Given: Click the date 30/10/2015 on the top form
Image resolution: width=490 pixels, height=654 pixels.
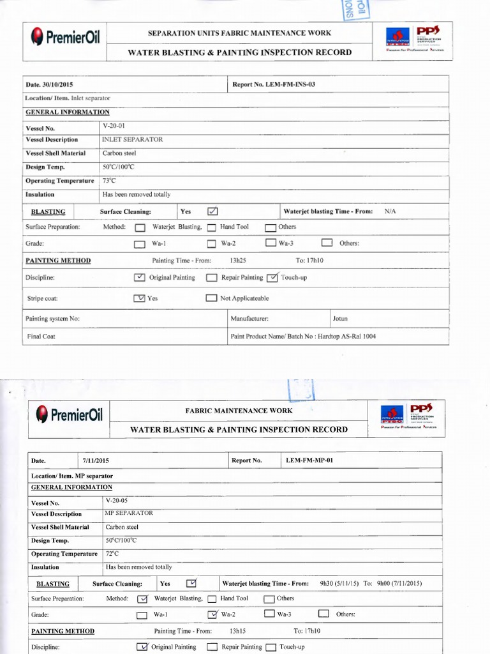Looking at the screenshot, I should [59, 84].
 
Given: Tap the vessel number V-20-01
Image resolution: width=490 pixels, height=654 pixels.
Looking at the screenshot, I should [113, 126].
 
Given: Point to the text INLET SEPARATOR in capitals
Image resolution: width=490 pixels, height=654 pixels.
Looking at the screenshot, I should [132, 139].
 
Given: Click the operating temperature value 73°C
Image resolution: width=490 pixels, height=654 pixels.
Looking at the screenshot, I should [109, 181].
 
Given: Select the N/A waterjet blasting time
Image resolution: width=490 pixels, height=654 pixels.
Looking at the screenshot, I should [390, 211].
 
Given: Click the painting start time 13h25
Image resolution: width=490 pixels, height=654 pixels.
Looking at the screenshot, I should [238, 261].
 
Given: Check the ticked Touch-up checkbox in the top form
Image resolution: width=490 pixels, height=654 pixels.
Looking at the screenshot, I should [272, 278].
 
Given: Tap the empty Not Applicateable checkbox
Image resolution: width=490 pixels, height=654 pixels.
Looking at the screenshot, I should [211, 298].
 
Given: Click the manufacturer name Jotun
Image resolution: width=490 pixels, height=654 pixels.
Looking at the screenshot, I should [340, 318].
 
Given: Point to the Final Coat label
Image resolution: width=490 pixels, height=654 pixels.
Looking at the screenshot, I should [41, 336].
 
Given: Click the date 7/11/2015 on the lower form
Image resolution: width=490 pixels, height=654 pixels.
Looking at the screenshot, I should [96, 460].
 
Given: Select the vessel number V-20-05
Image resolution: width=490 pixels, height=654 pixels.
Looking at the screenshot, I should [117, 501].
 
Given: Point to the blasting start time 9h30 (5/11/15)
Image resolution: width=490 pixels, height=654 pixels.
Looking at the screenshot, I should [339, 583].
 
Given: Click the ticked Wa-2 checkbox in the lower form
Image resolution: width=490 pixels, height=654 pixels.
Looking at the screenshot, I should [213, 614].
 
